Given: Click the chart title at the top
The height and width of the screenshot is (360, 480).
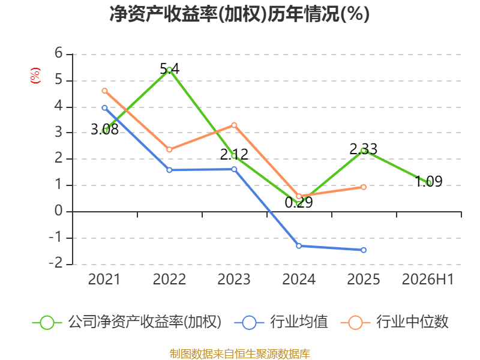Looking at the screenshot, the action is [239, 14].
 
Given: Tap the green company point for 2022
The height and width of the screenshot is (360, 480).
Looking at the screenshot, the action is [169, 70].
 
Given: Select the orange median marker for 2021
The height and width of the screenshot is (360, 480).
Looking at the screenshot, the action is [104, 91].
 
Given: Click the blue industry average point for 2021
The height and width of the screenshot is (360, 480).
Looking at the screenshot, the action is [104, 108].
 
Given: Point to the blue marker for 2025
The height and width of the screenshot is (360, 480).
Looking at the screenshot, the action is [364, 250].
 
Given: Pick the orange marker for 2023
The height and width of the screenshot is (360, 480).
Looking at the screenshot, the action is [234, 125].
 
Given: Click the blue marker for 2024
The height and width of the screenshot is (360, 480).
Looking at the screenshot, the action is [299, 246].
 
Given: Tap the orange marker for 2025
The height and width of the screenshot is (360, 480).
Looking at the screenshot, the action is [364, 187].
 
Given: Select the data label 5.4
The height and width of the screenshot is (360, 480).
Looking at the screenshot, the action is [170, 69].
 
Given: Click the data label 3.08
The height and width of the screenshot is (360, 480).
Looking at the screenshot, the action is [104, 130].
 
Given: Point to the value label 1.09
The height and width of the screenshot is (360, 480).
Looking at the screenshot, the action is [428, 182].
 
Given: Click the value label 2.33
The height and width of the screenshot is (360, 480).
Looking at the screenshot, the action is [364, 149].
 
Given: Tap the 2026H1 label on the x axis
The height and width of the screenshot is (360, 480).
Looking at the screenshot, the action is [428, 280].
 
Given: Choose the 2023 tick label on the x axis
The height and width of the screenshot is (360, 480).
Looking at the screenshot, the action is [234, 280].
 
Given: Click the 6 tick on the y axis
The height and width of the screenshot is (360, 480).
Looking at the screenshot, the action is [58, 53].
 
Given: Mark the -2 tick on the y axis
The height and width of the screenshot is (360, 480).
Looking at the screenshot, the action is [56, 263].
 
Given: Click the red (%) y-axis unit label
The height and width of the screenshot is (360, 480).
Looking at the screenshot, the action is [35, 76].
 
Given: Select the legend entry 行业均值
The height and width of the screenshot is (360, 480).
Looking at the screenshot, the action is [281, 322].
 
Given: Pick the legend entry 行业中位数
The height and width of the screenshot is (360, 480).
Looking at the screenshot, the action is [395, 322].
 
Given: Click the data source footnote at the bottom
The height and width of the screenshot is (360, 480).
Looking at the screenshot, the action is [240, 354].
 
